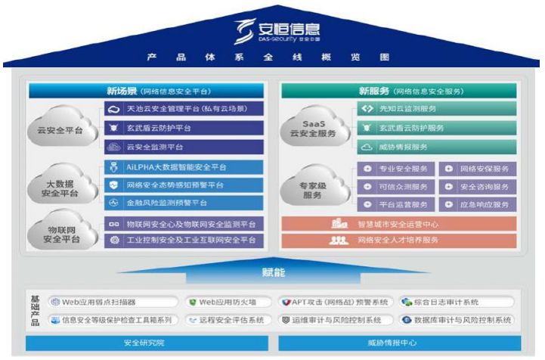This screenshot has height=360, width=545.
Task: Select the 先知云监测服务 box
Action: (x=436, y=110)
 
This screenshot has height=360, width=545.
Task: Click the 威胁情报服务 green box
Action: (x=436, y=147)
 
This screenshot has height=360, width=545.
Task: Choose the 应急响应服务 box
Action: (x=478, y=204)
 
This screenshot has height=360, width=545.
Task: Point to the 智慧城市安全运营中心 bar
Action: (x=399, y=224)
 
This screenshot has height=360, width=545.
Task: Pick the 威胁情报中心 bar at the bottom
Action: (x=399, y=343)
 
